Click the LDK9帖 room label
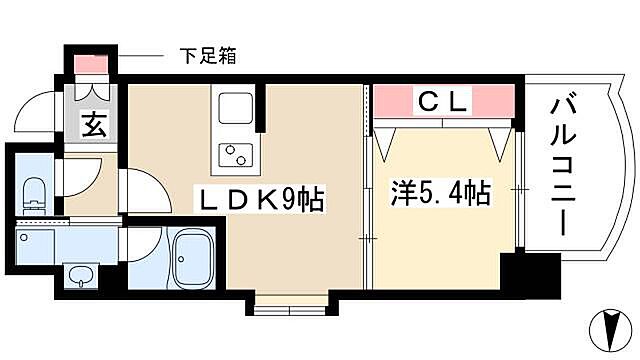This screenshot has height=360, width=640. [x=262, y=200]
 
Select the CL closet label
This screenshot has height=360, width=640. [x=442, y=101]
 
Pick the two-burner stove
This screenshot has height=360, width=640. [x=237, y=157]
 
